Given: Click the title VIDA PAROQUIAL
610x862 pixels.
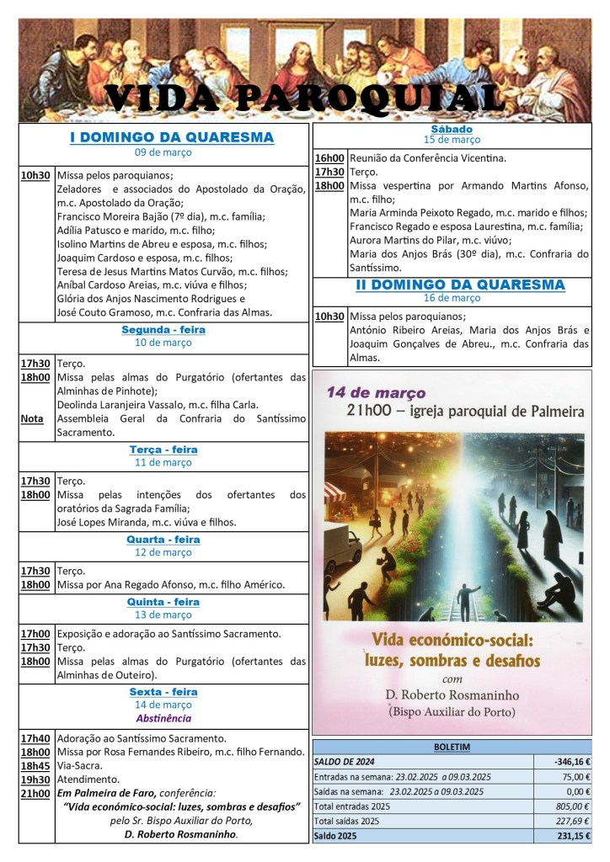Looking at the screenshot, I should [x=305, y=98].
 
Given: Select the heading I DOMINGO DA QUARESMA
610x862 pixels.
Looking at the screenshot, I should [x=171, y=137].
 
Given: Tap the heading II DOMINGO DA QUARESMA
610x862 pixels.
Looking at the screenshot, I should [x=459, y=285].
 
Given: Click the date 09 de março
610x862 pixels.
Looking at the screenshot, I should [x=163, y=152].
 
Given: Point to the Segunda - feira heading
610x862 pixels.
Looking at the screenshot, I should [x=163, y=330].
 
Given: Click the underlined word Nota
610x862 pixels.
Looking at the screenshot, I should [x=32, y=418].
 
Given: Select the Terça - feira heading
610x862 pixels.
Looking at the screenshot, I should [x=163, y=450].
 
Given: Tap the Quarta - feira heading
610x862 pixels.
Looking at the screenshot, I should [x=163, y=539].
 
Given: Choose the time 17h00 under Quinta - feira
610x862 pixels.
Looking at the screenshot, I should [x=35, y=633].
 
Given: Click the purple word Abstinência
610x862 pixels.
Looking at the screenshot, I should [x=163, y=718].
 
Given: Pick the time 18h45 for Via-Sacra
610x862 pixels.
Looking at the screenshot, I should [x=35, y=766].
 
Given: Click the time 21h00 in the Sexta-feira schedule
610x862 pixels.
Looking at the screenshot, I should [x=35, y=793].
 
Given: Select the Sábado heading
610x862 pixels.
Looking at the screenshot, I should [x=452, y=129].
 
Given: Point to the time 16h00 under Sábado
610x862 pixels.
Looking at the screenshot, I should [x=329, y=158].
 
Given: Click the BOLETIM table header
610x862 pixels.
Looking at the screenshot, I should [x=452, y=746].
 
